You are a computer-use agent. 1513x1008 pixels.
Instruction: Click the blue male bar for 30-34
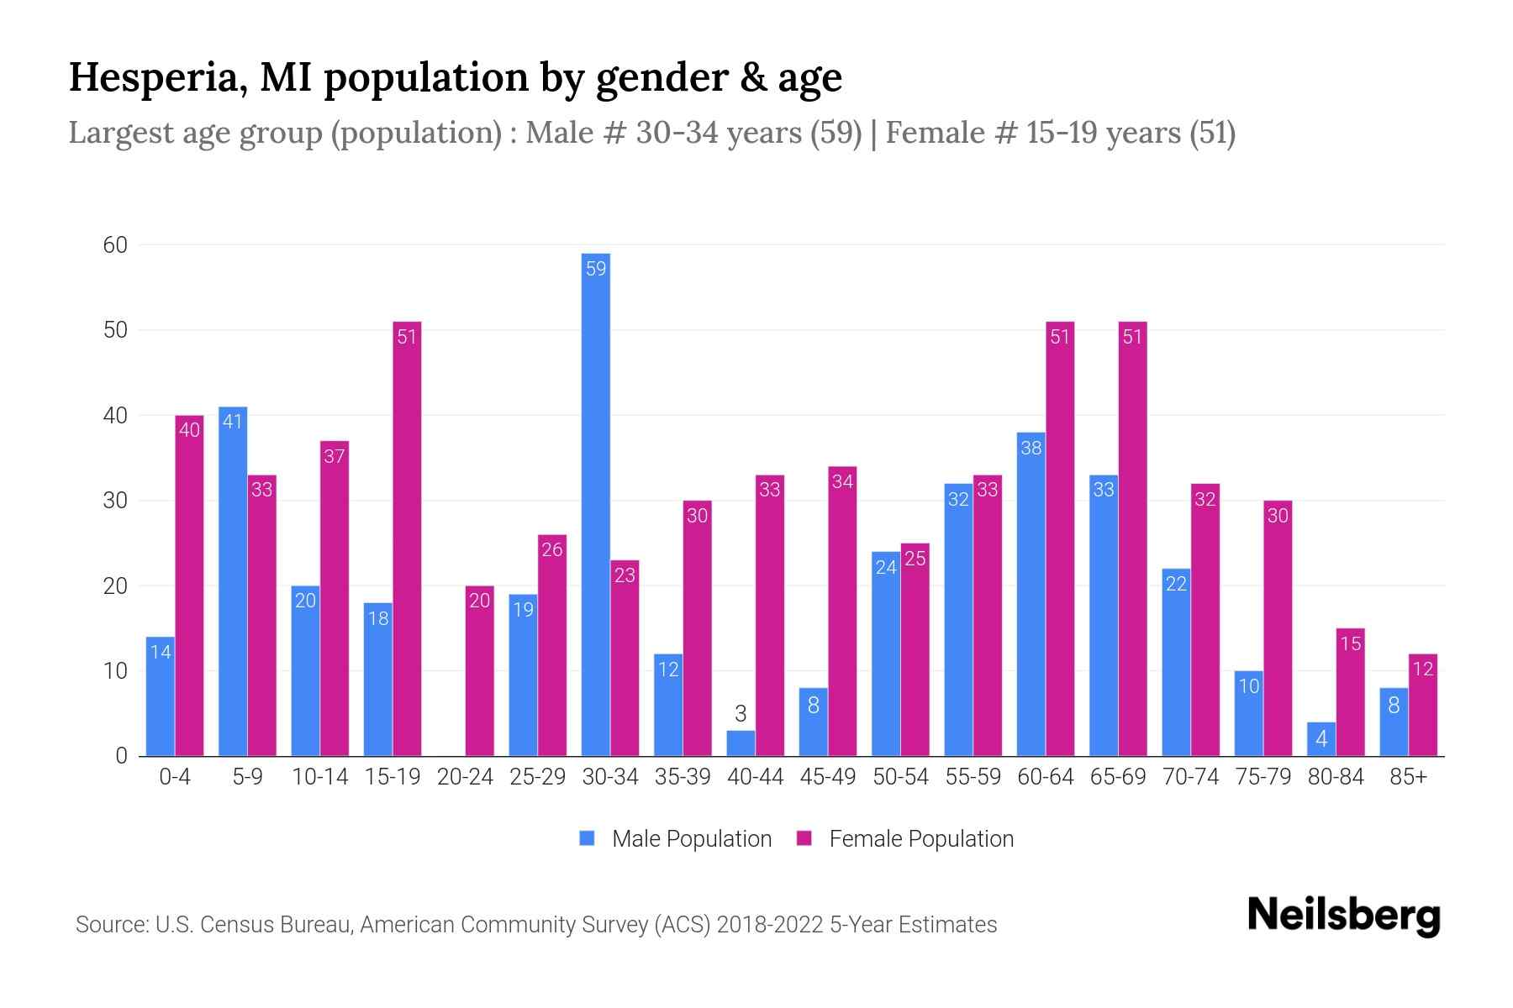595,504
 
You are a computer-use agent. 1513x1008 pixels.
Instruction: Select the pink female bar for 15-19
407,538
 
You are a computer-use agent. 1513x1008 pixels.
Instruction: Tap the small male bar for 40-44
741,743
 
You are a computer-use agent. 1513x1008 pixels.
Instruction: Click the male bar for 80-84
1321,739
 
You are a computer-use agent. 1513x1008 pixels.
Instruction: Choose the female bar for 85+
1422,705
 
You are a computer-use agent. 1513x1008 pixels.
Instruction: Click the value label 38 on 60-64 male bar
1031,448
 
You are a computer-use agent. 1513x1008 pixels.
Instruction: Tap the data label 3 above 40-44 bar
741,714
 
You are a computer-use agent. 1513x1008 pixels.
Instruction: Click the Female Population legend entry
904,838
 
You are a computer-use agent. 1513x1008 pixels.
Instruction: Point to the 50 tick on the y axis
115,330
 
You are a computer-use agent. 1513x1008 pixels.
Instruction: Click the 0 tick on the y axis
121,755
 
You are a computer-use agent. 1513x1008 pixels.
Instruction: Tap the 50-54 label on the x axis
900,777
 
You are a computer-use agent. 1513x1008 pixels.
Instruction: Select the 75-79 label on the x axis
1263,777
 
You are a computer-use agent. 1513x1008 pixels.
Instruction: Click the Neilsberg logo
1343,916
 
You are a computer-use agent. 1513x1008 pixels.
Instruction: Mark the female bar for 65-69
1132,538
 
